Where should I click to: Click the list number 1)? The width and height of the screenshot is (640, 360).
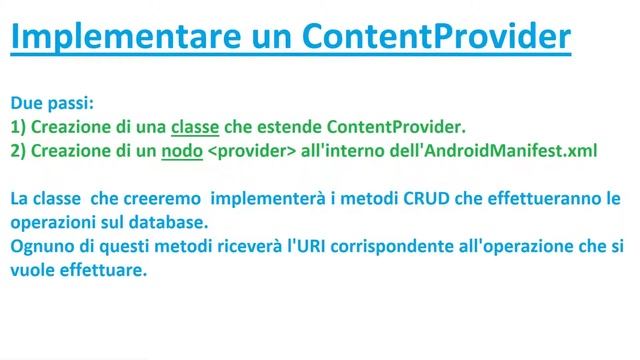(19, 127)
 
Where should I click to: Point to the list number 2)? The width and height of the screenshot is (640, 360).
(19, 151)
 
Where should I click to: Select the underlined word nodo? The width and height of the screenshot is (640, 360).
(181, 151)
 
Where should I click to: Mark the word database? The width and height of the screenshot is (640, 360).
(179, 223)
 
